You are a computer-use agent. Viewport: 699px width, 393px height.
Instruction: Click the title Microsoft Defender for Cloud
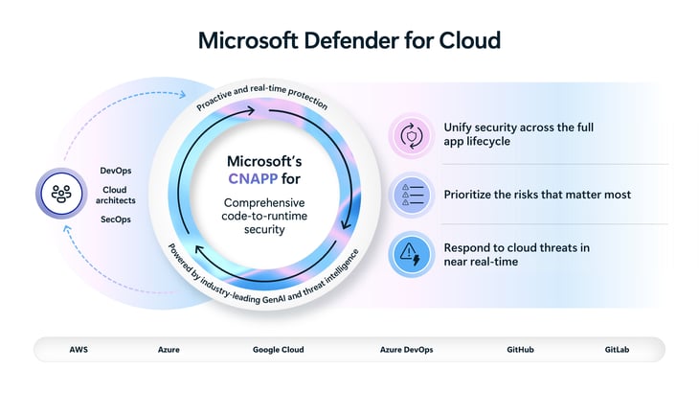coord(349,40)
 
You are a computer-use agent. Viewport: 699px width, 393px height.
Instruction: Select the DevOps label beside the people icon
coord(116,171)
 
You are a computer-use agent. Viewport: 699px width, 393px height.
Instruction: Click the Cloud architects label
coord(116,196)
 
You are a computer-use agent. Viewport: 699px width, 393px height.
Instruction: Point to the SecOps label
coord(116,220)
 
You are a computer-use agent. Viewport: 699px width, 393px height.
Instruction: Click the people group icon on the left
coord(59,195)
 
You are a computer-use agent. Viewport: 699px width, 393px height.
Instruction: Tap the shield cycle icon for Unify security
coord(413,135)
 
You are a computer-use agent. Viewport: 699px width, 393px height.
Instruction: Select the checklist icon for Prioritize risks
coord(413,195)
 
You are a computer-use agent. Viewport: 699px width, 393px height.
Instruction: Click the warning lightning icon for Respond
coord(413,254)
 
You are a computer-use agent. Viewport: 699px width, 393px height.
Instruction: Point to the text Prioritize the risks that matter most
coord(537,195)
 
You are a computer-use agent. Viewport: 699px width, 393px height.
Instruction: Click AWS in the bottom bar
coord(79,350)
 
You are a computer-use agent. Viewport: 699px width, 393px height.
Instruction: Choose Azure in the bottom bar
coord(169,350)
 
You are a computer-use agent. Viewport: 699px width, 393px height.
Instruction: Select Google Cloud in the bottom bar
coord(278,350)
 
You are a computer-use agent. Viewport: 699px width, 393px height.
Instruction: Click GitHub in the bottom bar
coord(521,350)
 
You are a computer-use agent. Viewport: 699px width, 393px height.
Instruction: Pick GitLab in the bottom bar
coord(618,350)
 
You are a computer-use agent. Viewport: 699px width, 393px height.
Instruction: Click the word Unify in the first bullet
coord(459,127)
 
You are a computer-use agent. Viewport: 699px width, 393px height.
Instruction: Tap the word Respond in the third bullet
coord(467,247)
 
